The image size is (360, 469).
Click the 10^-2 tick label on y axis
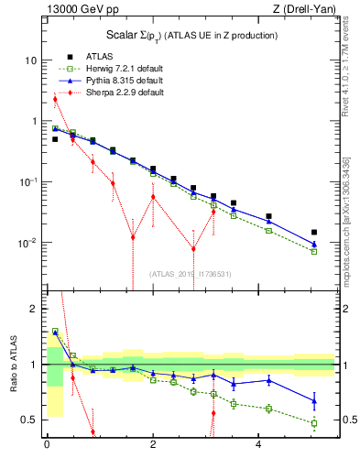pyautogui.click(x=27, y=243)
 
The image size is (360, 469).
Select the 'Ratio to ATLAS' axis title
pyautogui.click(x=12, y=366)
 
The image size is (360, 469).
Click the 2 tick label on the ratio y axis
pyautogui.click(x=33, y=309)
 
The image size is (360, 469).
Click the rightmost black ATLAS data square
pyautogui.click(x=314, y=233)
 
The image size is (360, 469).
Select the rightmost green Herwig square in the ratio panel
pyautogui.click(x=314, y=423)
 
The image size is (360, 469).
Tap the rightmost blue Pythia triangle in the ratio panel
pyautogui.click(x=314, y=399)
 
